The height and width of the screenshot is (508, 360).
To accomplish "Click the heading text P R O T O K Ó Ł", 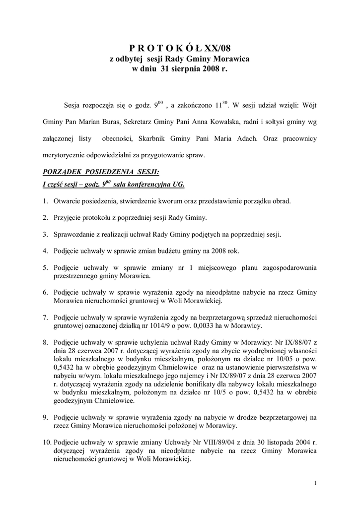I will pos(166,48).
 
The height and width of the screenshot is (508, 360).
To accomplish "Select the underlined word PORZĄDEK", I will pos(62,172).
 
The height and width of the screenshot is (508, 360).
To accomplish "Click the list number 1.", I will pos(45,201).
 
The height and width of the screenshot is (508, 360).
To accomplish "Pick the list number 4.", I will pos(45,251).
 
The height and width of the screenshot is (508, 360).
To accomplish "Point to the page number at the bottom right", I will pos(316,482).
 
